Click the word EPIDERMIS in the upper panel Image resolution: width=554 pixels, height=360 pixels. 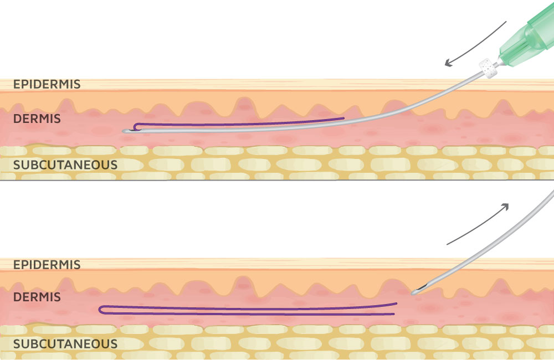[x=47, y=85]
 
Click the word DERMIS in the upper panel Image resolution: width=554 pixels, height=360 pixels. [x=37, y=119]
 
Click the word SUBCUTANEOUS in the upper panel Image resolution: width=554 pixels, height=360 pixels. [x=65, y=164]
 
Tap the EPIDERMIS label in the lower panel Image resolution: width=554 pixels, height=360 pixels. [x=47, y=265]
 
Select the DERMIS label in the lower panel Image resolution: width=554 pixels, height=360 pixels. [x=37, y=297]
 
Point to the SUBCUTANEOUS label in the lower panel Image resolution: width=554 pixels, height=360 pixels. [x=65, y=344]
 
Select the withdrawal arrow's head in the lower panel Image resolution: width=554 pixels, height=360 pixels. [x=505, y=206]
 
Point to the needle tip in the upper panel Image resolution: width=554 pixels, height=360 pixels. [x=125, y=131]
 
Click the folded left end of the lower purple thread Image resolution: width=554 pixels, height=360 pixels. [x=101, y=309]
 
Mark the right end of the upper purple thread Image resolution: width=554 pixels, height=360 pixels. [x=343, y=118]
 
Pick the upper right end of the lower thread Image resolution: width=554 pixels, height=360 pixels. [x=396, y=304]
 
